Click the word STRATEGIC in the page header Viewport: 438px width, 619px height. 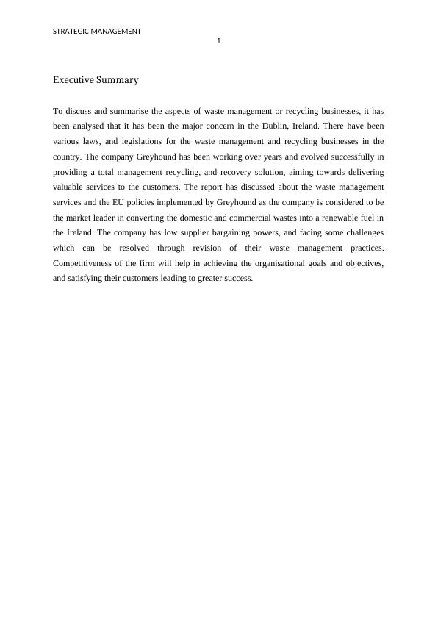pyautogui.click(x=71, y=31)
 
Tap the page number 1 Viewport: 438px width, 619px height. pyautogui.click(x=219, y=41)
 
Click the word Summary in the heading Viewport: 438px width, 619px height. pyautogui.click(x=118, y=79)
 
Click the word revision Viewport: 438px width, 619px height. pyautogui.click(x=213, y=248)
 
